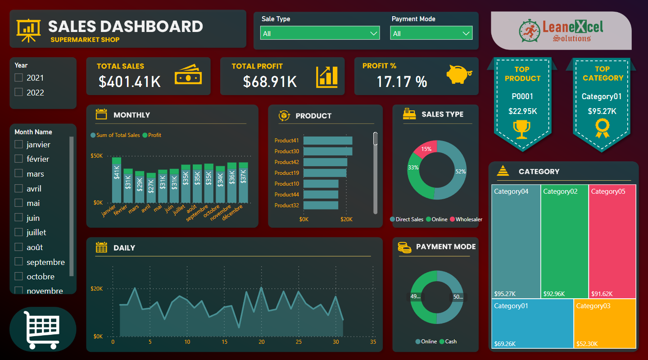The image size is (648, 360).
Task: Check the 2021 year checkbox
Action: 18,77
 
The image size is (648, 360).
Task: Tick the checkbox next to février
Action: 18,159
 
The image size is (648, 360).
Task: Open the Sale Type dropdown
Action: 320,33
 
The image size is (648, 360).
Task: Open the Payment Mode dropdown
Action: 431,33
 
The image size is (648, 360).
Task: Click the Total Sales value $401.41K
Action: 130,82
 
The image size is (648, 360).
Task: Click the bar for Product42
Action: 325,162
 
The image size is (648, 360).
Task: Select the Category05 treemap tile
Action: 612,241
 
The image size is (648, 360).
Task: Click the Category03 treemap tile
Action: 605,323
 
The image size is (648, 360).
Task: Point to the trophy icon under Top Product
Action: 522,129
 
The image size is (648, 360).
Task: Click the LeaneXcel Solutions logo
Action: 561,31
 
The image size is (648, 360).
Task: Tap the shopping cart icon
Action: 43,329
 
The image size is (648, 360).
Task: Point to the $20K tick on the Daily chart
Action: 97,288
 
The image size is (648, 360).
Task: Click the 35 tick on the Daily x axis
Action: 373,342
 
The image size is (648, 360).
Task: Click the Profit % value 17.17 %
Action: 402,82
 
